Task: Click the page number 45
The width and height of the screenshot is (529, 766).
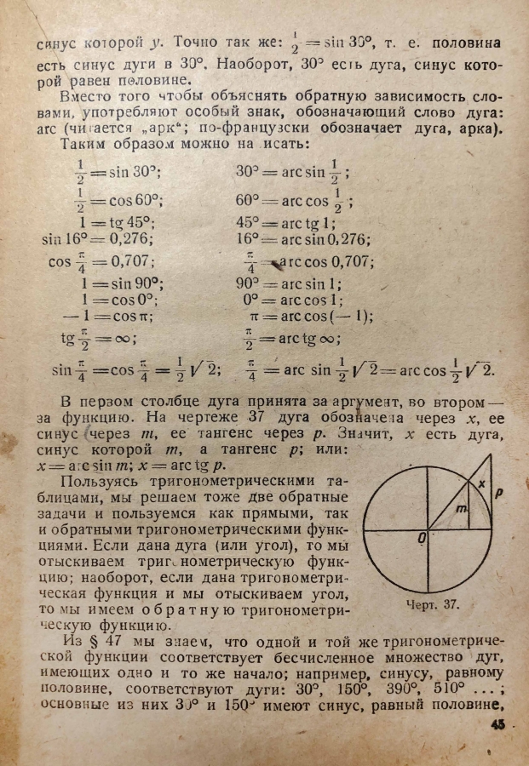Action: point(497,725)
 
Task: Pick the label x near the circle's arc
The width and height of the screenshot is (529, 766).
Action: point(480,483)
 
